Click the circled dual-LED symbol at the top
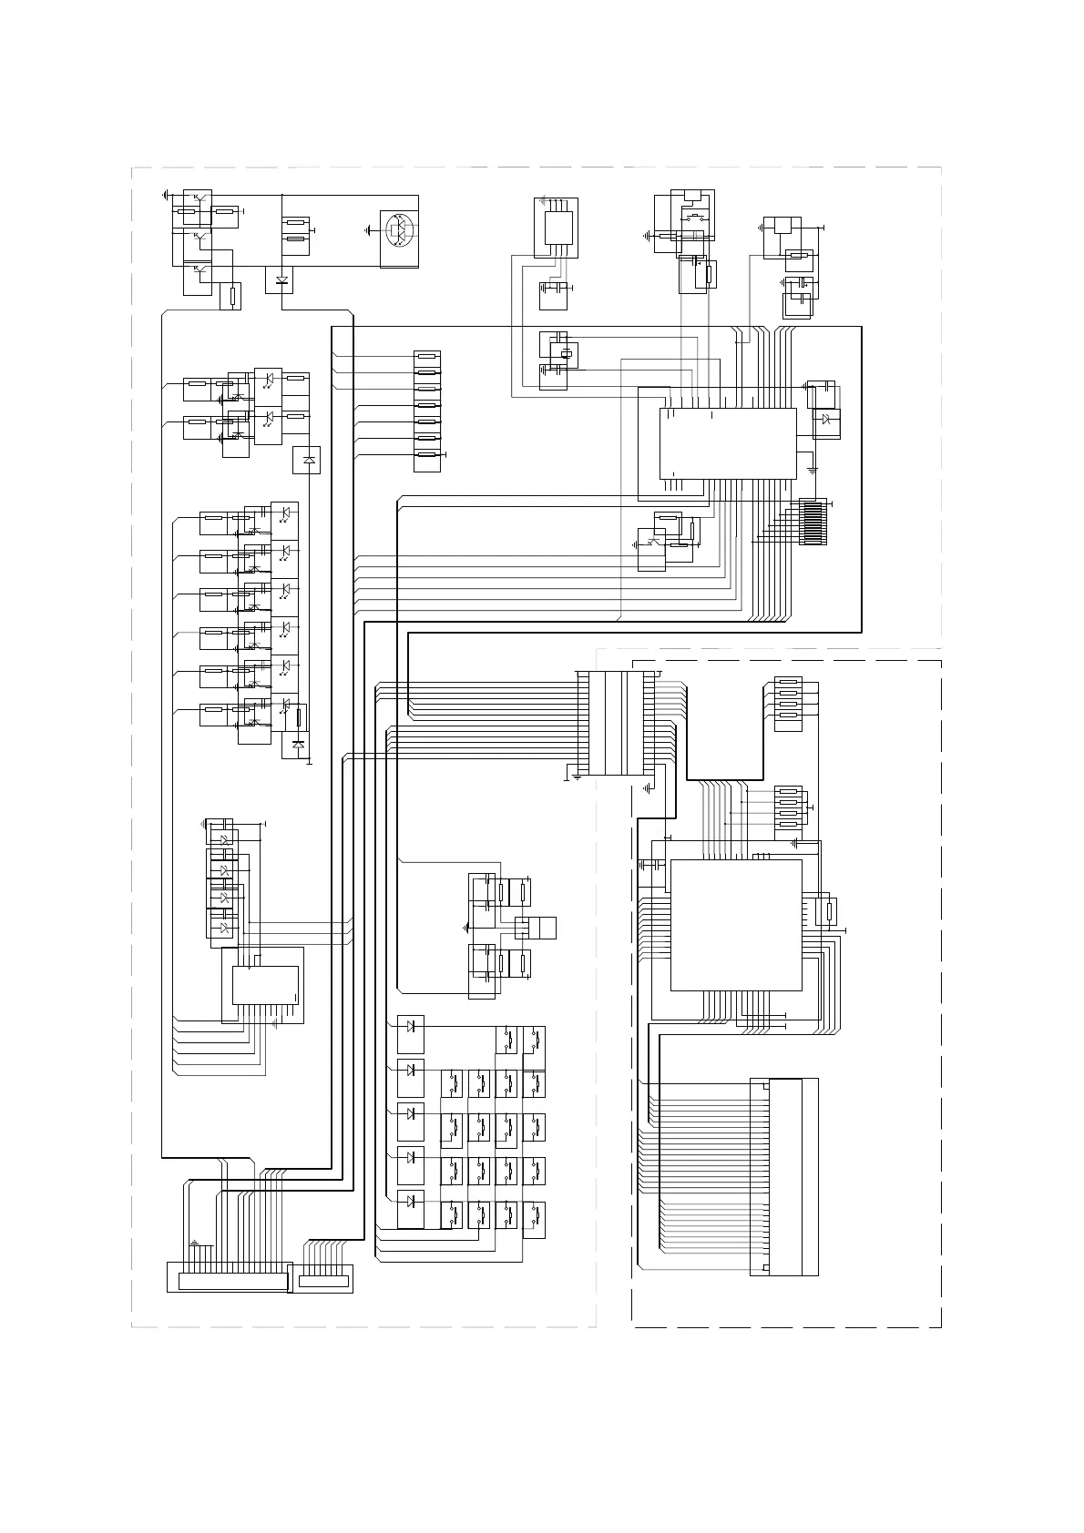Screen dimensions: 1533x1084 (x=399, y=230)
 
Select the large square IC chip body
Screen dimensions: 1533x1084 (x=736, y=924)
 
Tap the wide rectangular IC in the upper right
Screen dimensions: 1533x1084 (x=728, y=443)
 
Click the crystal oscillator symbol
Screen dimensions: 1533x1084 (x=566, y=354)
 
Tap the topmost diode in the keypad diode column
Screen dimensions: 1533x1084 (x=411, y=1026)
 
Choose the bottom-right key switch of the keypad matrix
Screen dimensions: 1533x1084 (x=536, y=1213)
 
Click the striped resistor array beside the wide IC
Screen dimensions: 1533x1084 (x=813, y=522)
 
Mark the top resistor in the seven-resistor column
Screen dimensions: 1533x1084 (x=427, y=356)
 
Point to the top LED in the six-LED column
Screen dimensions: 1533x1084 (x=285, y=513)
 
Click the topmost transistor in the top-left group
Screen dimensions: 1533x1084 (x=198, y=198)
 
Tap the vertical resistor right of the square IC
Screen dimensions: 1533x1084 (x=830, y=910)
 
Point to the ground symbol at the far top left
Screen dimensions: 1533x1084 (x=165, y=195)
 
